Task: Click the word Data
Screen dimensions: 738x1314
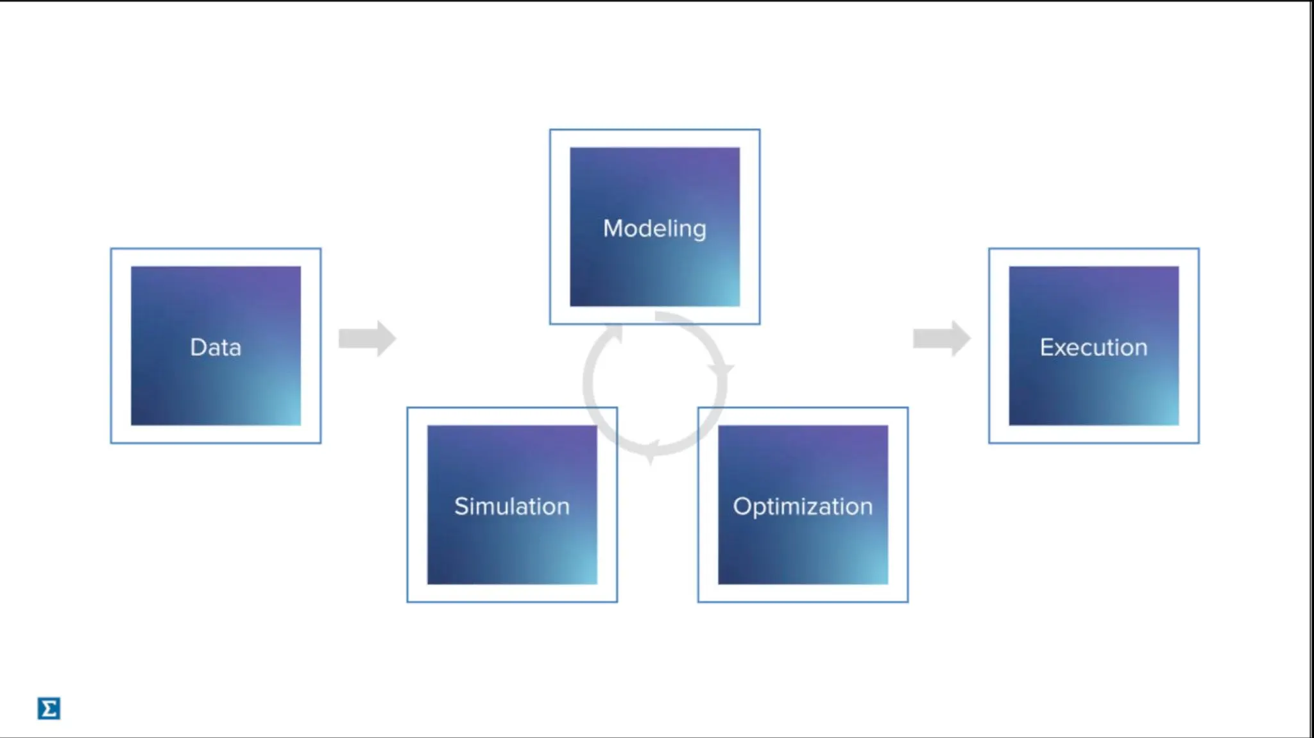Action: coord(216,347)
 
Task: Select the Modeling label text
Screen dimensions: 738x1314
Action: coord(654,228)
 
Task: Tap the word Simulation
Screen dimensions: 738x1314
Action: coord(511,506)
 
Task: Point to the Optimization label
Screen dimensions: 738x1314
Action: coord(803,506)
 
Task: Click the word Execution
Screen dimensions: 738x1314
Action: coord(1093,347)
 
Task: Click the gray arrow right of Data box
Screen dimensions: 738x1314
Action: coord(367,338)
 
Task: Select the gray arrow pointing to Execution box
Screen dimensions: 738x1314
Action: coord(941,338)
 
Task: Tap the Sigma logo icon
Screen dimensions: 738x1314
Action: coord(49,709)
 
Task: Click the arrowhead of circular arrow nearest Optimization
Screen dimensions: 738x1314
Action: coord(721,369)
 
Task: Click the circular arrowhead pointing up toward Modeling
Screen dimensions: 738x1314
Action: coord(615,334)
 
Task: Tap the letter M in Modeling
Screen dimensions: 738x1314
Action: coord(613,228)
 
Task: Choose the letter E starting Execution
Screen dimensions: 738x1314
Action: coord(1046,347)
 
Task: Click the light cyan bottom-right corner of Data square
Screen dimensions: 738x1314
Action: coord(291,416)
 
